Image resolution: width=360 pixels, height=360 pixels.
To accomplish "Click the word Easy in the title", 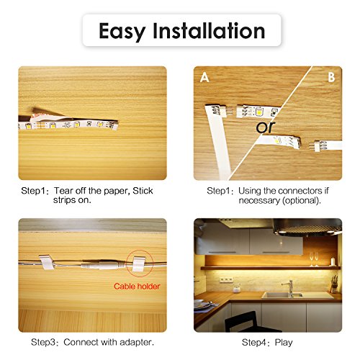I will (x=125, y=31).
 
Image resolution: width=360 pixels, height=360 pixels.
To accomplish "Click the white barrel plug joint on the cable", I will (x=92, y=265).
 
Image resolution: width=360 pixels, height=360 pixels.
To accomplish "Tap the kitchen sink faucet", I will (x=290, y=287).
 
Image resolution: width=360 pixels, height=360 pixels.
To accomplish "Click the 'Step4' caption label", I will (x=256, y=341).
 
